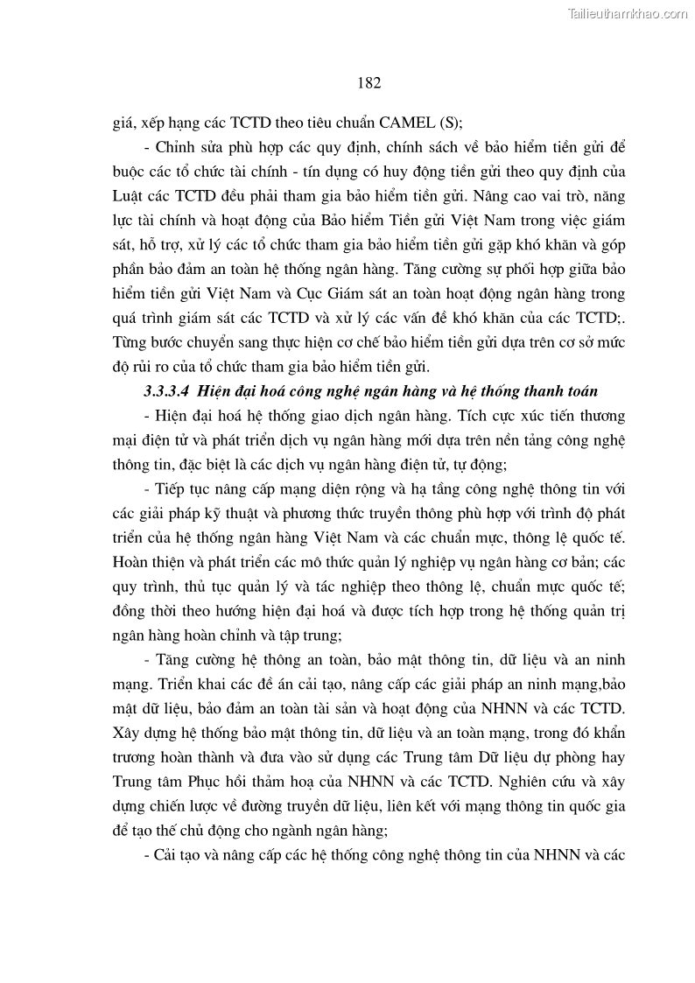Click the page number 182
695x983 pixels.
(369, 83)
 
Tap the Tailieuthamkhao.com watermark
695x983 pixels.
(628, 13)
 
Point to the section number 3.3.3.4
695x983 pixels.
(171, 391)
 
